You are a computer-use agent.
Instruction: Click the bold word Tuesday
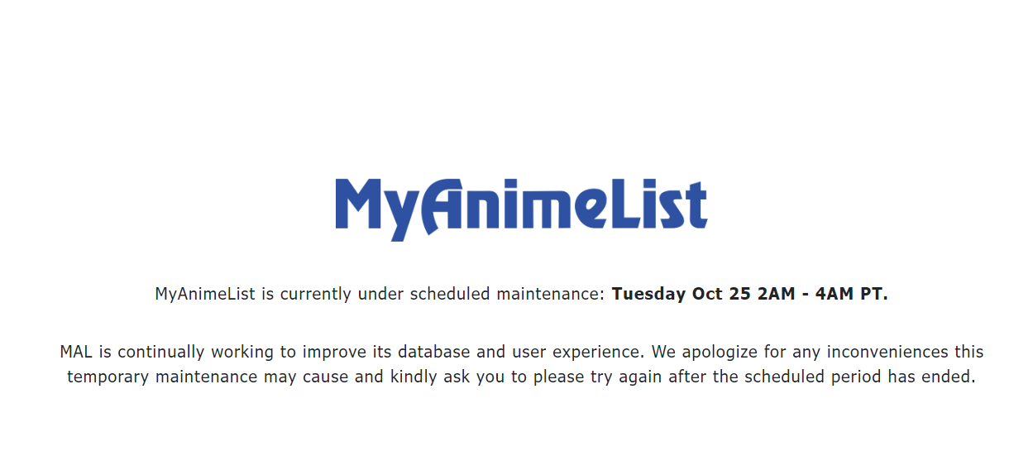pos(649,294)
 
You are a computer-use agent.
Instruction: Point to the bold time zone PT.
pos(873,294)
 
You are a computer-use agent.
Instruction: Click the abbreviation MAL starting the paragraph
pos(76,352)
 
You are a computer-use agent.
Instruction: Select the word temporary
pos(106,377)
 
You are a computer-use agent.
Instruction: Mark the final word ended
pos(951,377)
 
